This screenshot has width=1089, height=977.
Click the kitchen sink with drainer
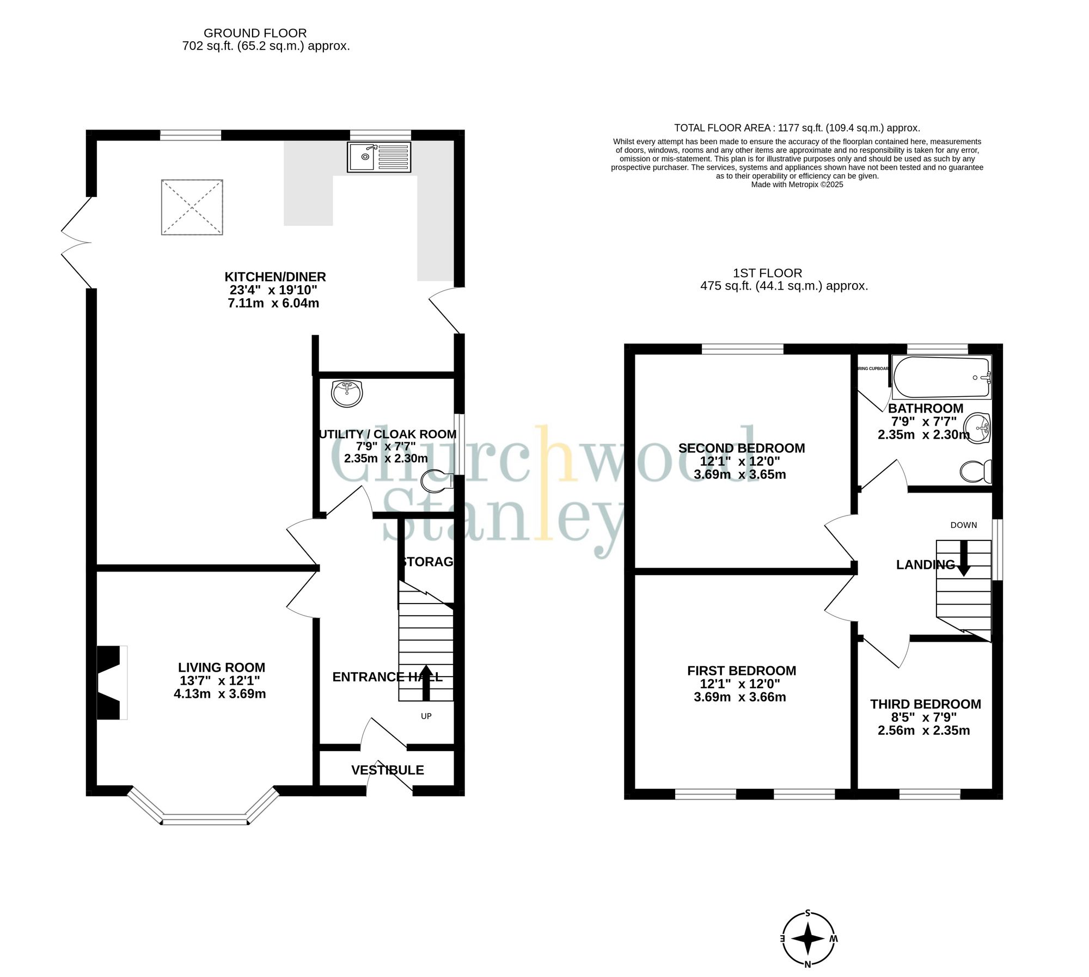(x=379, y=157)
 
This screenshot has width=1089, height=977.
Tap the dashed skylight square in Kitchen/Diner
(x=192, y=207)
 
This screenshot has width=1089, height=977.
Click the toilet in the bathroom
(x=975, y=471)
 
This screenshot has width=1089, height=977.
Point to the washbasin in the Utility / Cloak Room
(x=347, y=393)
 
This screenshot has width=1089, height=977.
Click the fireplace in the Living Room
(x=111, y=683)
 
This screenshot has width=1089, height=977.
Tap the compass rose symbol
(x=808, y=938)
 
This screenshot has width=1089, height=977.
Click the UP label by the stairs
(x=426, y=716)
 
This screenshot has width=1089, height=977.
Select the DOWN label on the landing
(x=963, y=525)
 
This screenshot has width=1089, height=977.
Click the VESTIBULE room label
(x=387, y=770)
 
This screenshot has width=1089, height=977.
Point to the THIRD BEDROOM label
(x=925, y=704)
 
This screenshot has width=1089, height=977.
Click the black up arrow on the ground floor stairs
(x=426, y=683)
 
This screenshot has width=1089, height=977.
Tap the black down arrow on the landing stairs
(x=963, y=558)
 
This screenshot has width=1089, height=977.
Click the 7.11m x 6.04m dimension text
(x=273, y=303)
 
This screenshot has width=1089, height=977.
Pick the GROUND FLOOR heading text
(x=255, y=33)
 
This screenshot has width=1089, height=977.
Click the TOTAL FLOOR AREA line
(x=797, y=128)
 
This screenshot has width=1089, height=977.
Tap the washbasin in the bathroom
(x=977, y=428)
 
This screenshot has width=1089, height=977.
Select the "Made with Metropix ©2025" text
(x=797, y=185)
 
